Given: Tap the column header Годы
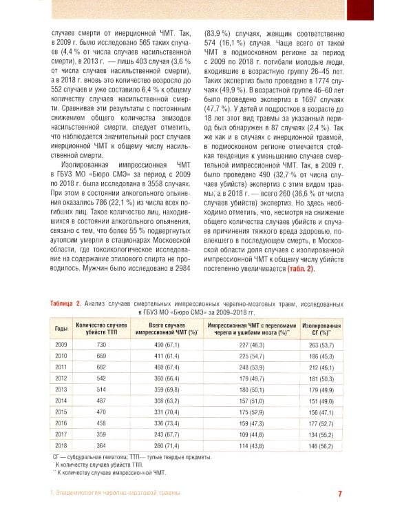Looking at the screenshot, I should click(61, 328).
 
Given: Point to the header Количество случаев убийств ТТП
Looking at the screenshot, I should click(101, 328).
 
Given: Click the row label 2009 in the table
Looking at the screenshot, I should click(61, 343).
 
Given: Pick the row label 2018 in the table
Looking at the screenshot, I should click(61, 446).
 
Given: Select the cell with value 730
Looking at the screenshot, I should click(101, 343).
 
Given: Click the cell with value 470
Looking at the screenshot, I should click(101, 412).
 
